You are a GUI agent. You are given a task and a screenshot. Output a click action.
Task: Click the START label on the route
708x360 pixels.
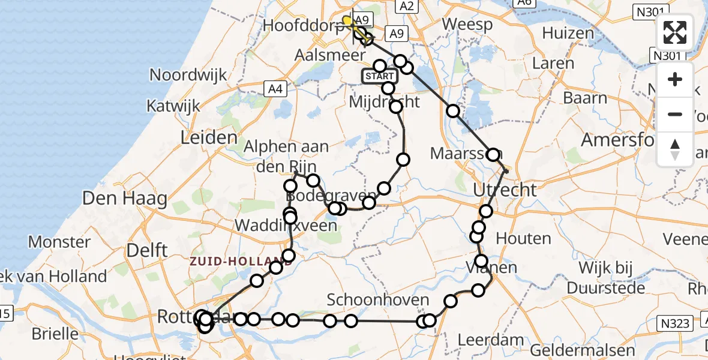(x=379, y=76)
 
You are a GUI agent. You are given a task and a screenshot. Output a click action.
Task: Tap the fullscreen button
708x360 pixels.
(x=675, y=32)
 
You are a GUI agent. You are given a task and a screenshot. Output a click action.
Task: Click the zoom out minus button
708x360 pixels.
(x=675, y=114)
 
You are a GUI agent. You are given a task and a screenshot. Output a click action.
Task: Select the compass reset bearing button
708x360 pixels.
(x=675, y=149)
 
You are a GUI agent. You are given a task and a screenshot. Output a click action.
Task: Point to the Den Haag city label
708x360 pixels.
(x=124, y=198)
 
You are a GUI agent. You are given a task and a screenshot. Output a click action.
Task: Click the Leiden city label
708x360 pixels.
(x=209, y=138)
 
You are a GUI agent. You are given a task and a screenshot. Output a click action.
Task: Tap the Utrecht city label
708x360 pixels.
(x=505, y=190)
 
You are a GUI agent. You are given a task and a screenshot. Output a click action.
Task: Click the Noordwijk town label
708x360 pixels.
(x=188, y=75)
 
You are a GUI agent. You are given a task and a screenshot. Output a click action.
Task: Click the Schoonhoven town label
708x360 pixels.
(x=378, y=300)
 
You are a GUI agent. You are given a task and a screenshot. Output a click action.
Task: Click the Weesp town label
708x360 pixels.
(x=467, y=25)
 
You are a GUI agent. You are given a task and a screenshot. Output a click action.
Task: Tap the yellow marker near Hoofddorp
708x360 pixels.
(x=347, y=21)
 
